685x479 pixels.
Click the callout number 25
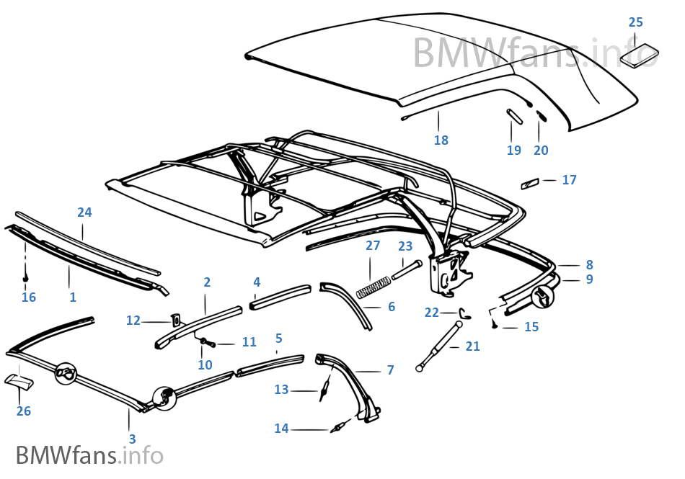(635, 22)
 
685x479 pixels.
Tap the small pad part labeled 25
(640, 55)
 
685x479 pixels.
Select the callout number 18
(441, 140)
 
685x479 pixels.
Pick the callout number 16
(29, 297)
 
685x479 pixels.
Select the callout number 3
(132, 439)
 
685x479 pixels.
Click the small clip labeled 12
(174, 319)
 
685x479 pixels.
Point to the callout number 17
(570, 180)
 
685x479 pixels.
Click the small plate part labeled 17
(530, 184)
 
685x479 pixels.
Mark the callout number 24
(84, 212)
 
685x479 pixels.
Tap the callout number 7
(390, 370)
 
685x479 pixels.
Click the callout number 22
(431, 313)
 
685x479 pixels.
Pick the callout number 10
(205, 364)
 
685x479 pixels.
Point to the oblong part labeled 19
(515, 116)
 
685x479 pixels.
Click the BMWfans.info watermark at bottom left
(89, 455)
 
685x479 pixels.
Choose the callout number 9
(589, 279)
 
